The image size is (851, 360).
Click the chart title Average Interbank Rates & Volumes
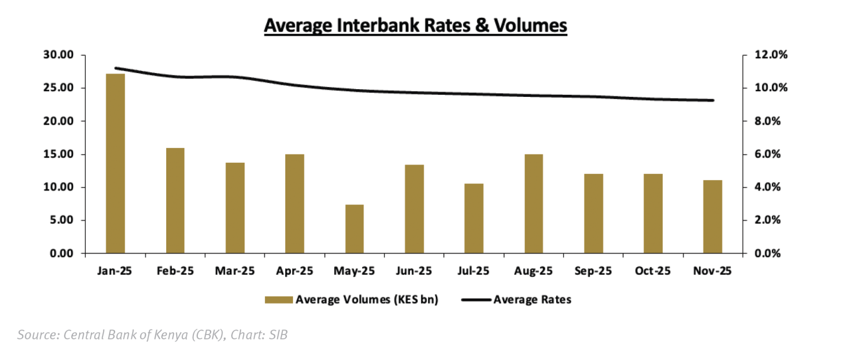416,25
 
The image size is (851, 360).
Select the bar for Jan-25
115,163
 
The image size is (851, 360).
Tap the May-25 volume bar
355,229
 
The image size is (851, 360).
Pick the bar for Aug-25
534,204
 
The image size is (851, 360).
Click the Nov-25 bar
712,217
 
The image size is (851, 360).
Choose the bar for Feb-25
175,200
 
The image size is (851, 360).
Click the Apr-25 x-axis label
295,271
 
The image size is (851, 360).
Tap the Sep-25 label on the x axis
593,271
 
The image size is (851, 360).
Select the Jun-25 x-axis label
414,271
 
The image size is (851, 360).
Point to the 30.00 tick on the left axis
58,55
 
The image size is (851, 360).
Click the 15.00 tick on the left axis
58,154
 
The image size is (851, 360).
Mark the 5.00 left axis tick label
61,220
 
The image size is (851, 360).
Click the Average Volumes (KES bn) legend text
367,300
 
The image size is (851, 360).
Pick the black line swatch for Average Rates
475,300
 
